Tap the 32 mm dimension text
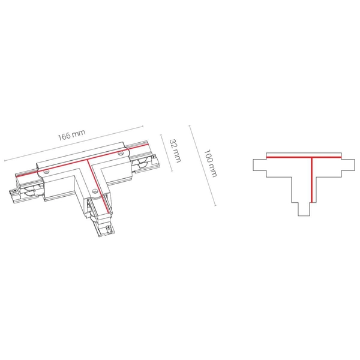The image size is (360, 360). click(x=175, y=151)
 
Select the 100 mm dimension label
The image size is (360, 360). click(x=211, y=163)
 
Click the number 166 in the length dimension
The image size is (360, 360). click(x=64, y=136)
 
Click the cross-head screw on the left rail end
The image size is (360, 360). click(x=14, y=190)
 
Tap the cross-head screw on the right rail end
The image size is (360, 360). click(x=153, y=157)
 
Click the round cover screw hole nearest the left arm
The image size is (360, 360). click(x=47, y=171)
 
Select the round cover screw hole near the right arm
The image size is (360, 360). click(x=120, y=153)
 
